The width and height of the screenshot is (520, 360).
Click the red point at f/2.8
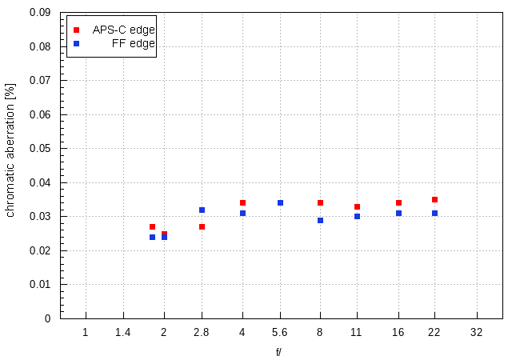202,227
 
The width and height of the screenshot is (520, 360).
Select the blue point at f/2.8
202,210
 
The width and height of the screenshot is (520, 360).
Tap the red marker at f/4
242,203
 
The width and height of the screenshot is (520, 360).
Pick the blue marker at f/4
242,214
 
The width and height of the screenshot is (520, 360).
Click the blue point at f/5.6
280,203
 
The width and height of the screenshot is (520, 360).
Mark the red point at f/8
320,203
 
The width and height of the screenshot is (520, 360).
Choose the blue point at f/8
320,220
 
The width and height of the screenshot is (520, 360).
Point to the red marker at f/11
357,207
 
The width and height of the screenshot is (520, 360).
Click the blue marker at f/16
398,214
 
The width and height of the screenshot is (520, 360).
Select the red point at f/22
434,200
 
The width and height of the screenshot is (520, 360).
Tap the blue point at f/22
434,214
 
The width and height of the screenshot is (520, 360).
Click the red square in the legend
76,30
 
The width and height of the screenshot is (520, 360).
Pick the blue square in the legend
76,44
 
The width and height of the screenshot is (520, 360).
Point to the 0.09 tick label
40,13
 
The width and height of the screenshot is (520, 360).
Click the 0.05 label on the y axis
40,149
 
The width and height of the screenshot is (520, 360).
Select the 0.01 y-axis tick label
40,285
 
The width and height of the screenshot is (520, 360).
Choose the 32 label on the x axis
477,332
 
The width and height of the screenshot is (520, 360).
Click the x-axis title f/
279,351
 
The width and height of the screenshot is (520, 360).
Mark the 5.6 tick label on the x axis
280,332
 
